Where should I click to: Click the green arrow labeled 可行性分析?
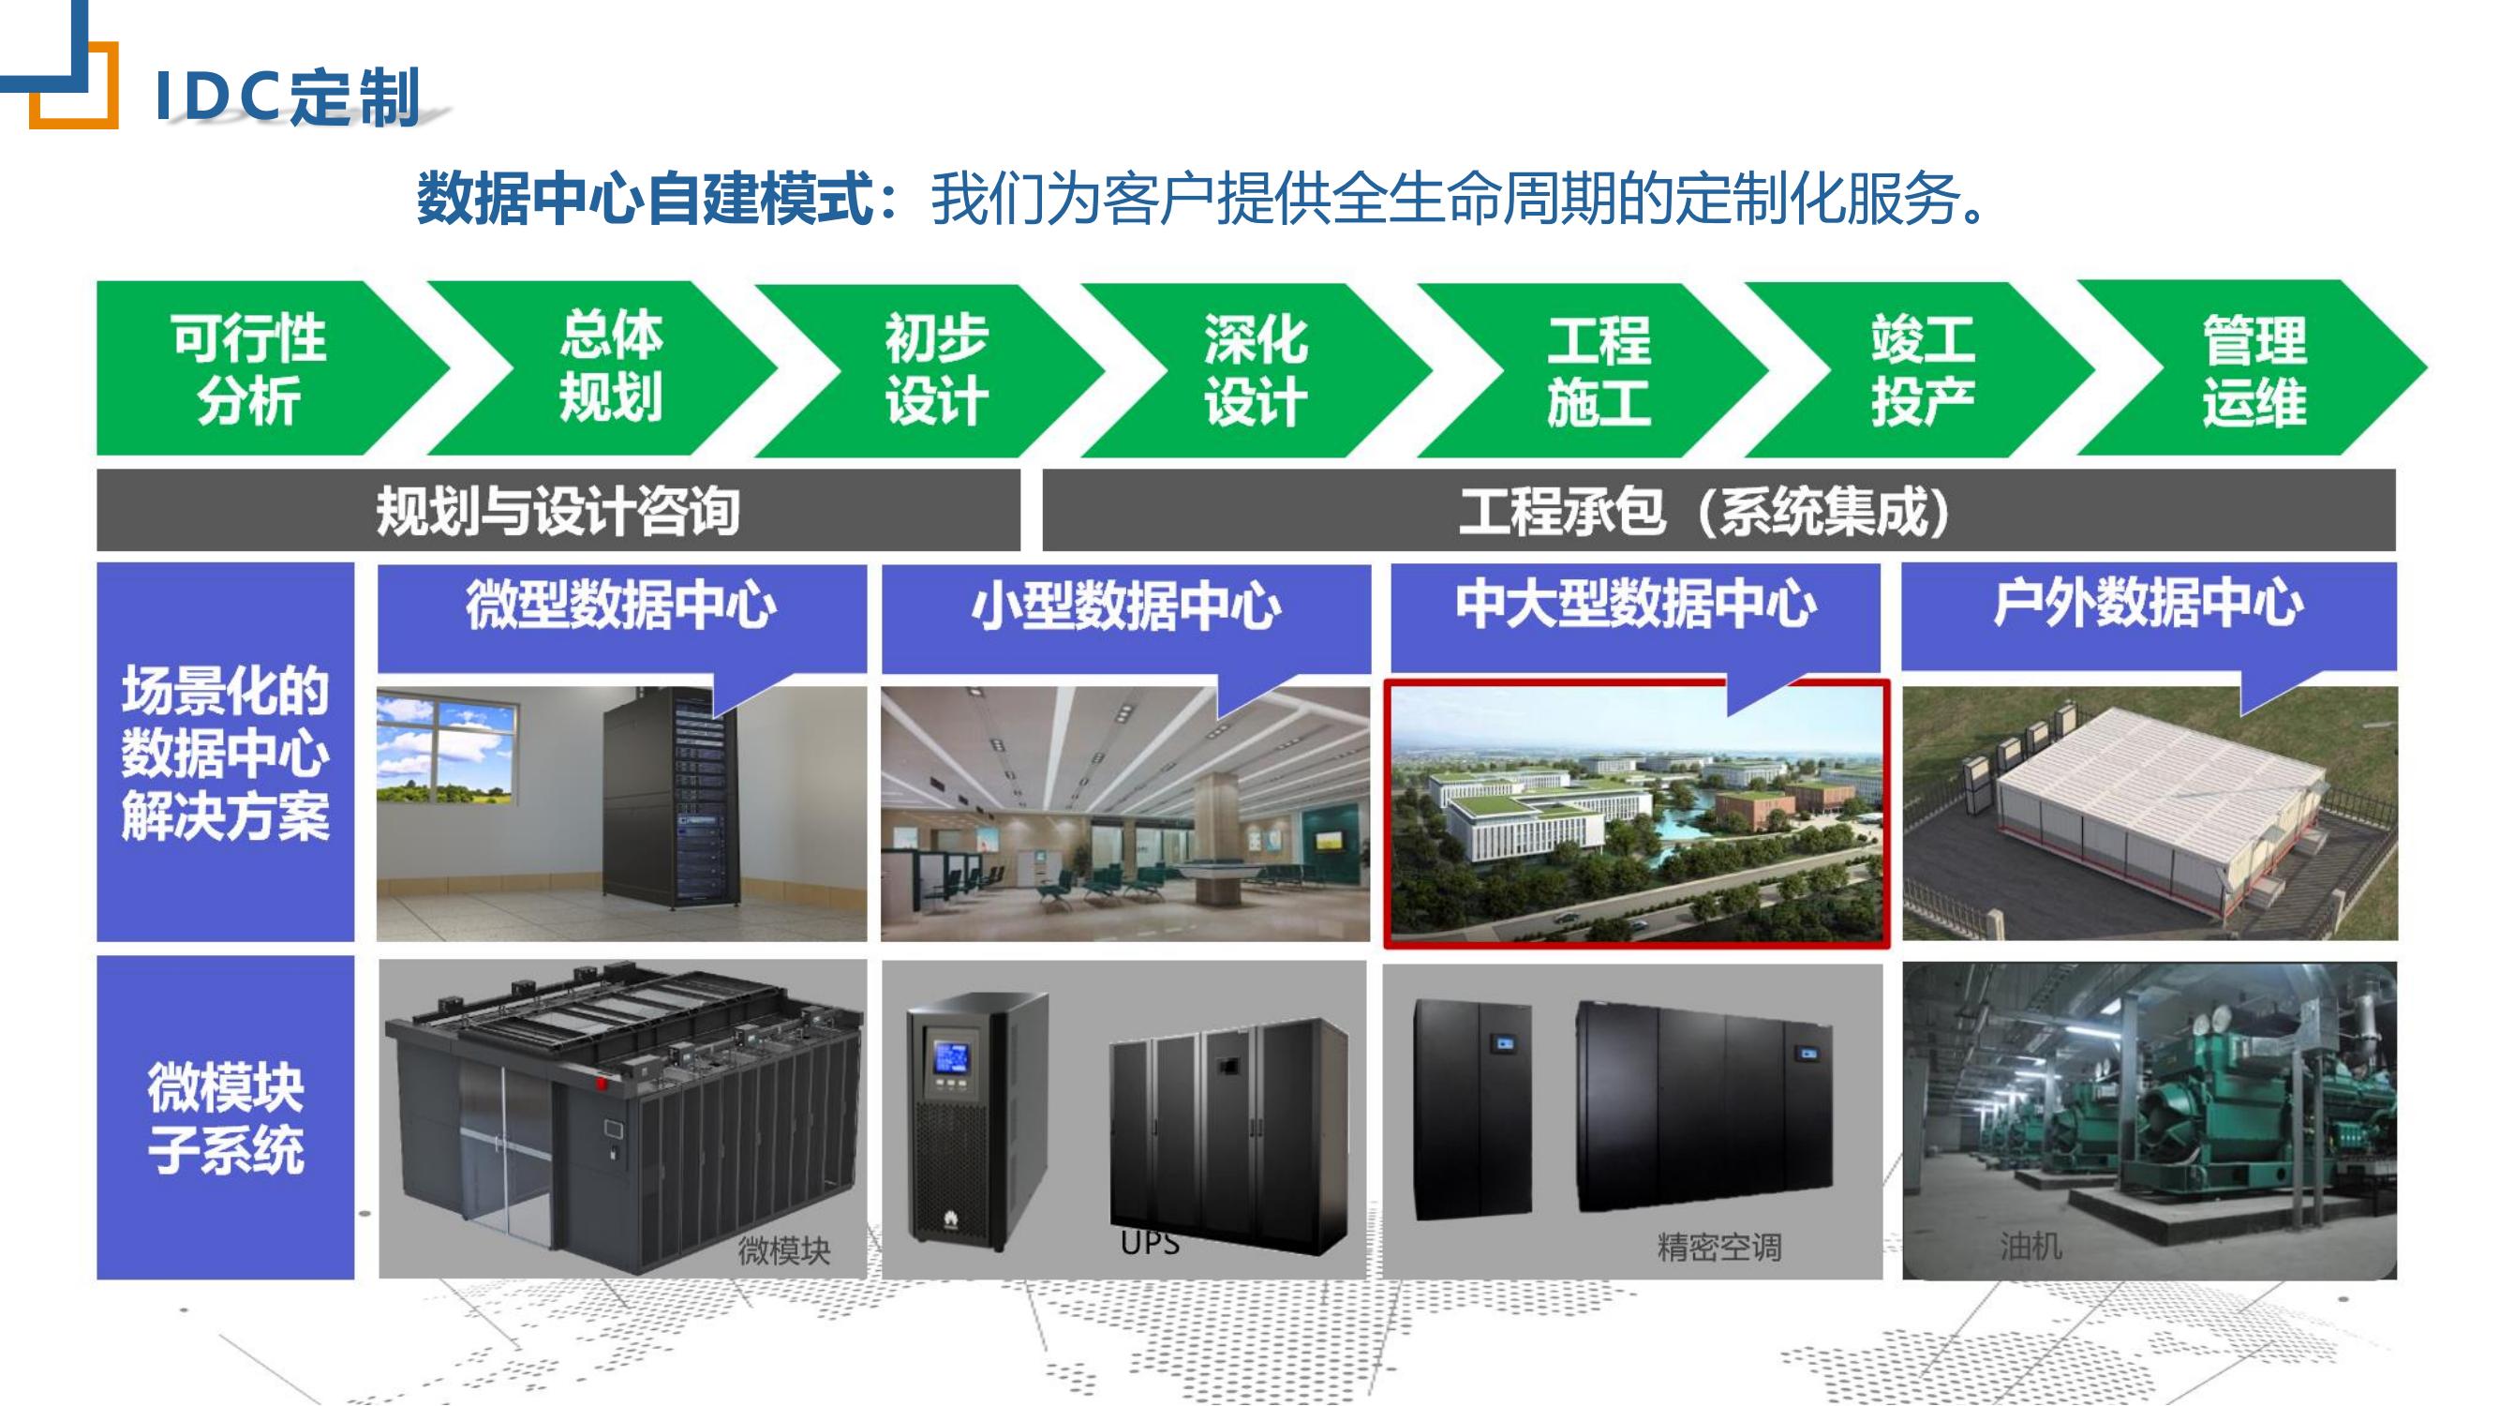(252, 367)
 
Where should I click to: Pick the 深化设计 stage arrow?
(1257, 368)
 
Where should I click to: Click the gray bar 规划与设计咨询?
(558, 511)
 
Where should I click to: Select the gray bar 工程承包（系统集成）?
(1719, 511)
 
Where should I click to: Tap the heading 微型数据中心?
(621, 605)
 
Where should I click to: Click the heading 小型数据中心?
(1126, 605)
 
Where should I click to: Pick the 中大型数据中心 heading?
(1636, 603)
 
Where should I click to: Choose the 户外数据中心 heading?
(2149, 602)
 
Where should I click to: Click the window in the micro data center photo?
(446, 752)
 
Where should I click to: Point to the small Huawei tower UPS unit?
(977, 1121)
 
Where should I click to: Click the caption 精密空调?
(1719, 1247)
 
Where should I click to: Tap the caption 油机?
(2030, 1245)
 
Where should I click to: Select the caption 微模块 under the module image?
(784, 1249)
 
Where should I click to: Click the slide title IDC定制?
(287, 97)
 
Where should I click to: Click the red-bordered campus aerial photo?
(1637, 813)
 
